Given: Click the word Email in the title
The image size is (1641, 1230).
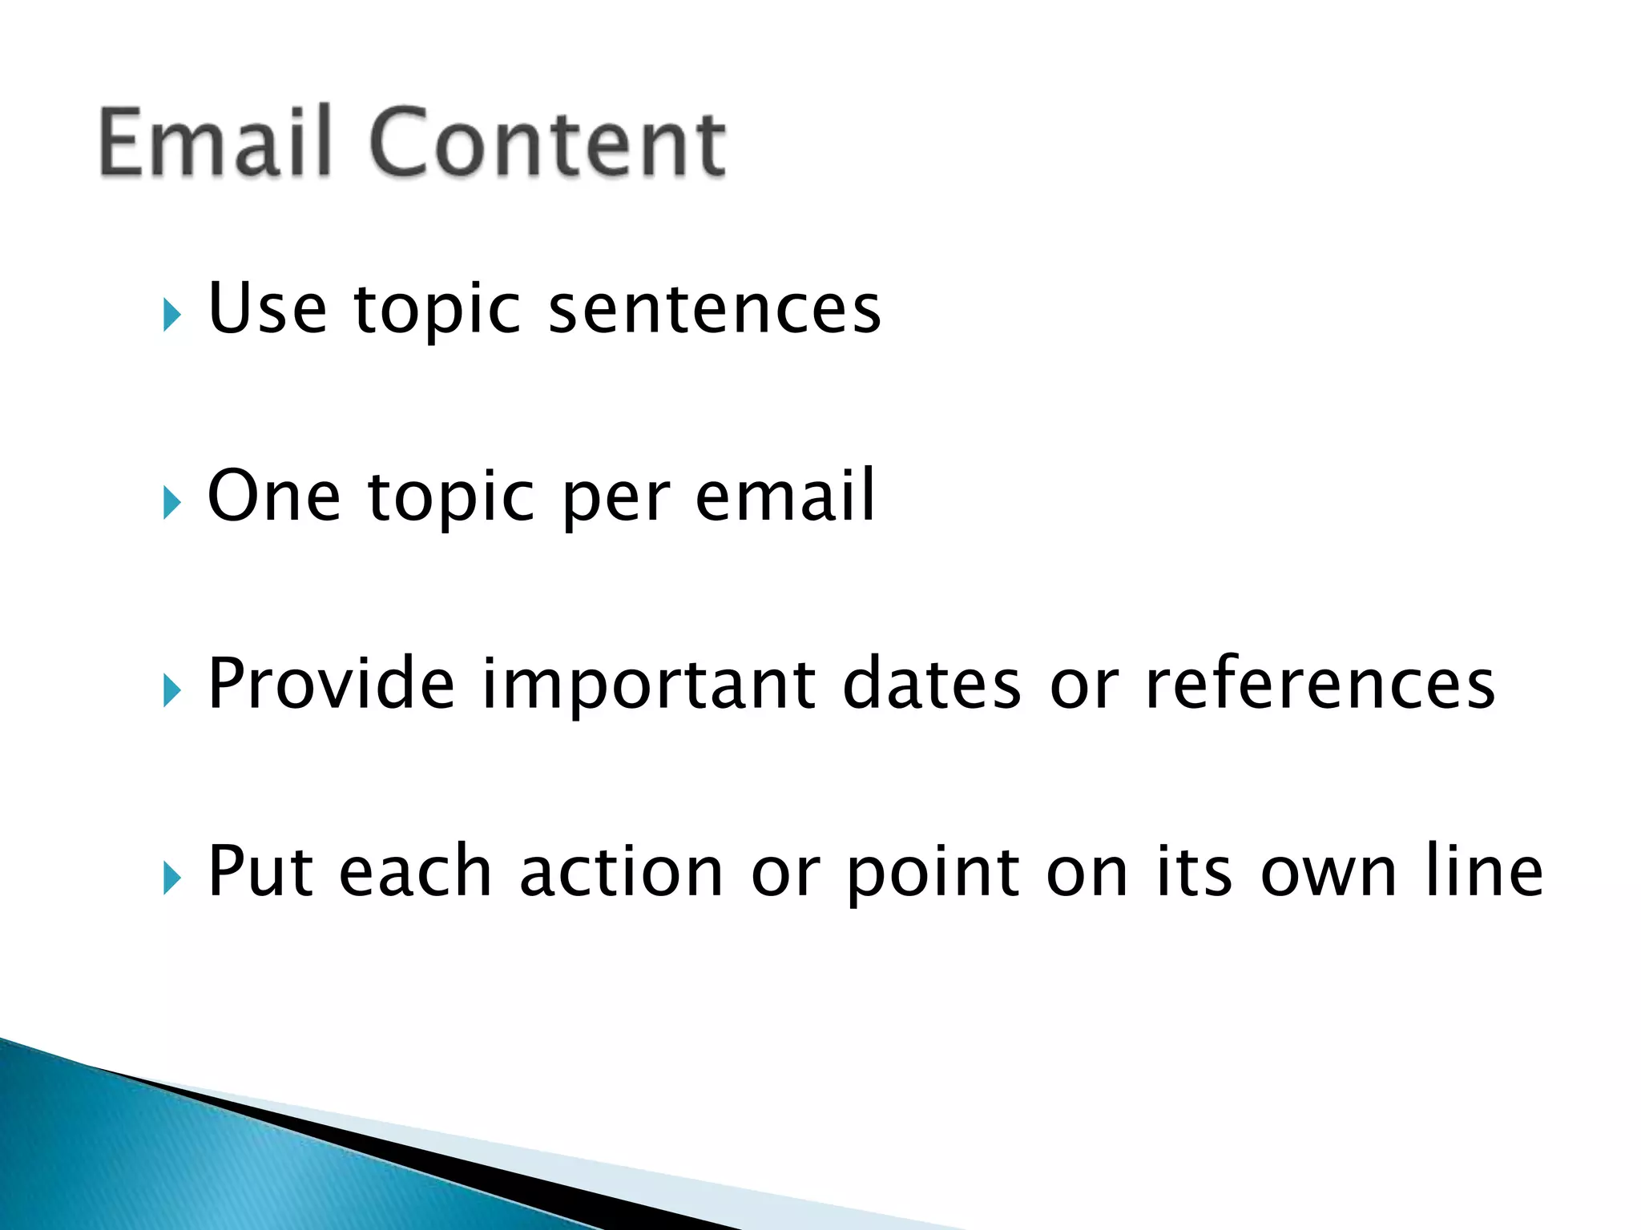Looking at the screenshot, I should (x=215, y=143).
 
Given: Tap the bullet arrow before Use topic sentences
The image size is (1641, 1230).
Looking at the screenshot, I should (x=171, y=315).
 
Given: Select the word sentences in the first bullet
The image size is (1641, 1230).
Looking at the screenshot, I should (x=714, y=309).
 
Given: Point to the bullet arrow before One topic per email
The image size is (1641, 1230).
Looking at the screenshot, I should (x=171, y=503).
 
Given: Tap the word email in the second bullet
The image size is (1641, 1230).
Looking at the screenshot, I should (x=785, y=496).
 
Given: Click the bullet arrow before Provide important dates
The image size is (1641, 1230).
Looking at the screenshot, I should (x=171, y=690).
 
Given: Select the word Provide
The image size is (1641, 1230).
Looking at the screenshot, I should (x=331, y=684).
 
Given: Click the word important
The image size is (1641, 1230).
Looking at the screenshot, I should (x=648, y=685).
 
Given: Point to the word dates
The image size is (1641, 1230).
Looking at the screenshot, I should (x=932, y=684).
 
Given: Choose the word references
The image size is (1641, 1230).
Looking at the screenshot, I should (x=1320, y=684).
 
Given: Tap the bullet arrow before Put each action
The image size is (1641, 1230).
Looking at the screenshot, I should (x=171, y=878).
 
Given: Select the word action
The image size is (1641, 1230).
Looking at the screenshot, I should (x=621, y=873).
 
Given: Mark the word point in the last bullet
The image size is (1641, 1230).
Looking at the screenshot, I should (x=932, y=874).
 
